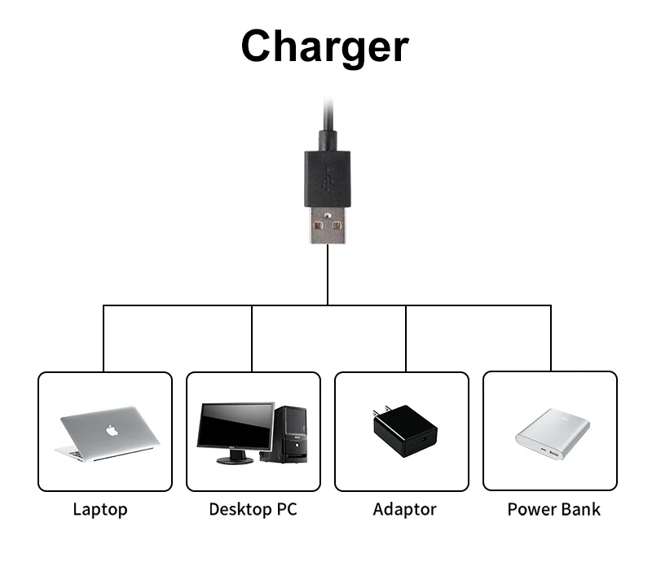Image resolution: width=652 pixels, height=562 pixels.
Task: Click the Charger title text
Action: point(324,46)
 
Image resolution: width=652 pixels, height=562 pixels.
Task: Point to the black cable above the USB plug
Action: point(328,122)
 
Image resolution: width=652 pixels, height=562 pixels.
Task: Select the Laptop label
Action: point(100,510)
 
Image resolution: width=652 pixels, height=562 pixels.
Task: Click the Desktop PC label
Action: point(253,510)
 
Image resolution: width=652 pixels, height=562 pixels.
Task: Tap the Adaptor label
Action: point(404,510)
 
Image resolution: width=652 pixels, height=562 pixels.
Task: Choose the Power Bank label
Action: point(553,510)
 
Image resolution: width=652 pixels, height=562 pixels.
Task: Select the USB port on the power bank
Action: point(553,453)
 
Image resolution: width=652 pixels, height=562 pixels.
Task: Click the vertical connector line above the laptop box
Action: point(104,338)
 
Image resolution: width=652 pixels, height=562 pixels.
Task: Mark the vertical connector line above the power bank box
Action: point(550,338)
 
